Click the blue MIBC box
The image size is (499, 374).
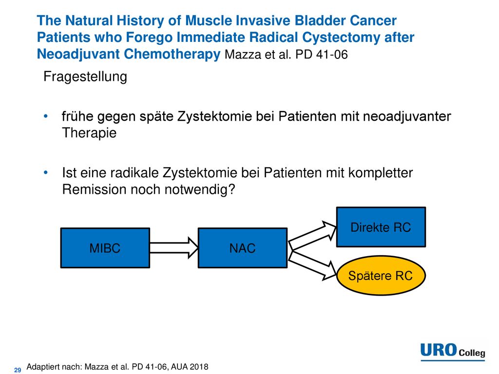point(105,248)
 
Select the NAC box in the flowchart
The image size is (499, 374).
point(243,248)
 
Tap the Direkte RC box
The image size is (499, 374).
point(381,227)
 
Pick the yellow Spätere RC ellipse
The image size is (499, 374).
point(381,276)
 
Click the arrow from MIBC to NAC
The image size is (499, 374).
point(174,248)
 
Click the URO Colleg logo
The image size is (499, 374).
point(453,352)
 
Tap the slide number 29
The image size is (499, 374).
point(18,370)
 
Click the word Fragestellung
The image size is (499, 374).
point(85,76)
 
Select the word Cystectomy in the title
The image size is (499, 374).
point(341,37)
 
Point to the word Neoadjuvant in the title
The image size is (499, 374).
point(78,54)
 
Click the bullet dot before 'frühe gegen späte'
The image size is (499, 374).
point(46,116)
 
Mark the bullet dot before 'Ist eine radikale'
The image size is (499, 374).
point(46,173)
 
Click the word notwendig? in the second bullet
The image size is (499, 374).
point(200,189)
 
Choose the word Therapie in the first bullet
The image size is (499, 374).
point(89,133)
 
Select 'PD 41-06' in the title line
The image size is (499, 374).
point(322,55)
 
